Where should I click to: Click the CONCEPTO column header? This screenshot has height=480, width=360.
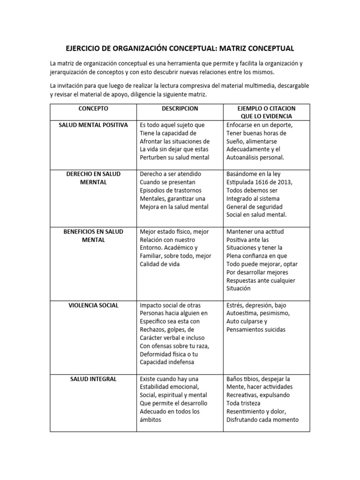(x=93, y=108)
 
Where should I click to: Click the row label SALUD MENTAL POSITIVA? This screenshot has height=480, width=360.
(x=93, y=125)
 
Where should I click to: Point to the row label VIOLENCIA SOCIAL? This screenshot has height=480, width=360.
(x=93, y=305)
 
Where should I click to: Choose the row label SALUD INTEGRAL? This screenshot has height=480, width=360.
(x=93, y=379)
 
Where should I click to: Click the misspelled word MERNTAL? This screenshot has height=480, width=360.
(x=93, y=182)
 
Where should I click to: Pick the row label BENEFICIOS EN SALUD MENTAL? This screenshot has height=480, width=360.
(x=93, y=235)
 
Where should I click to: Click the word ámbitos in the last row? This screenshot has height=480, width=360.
(x=150, y=420)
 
